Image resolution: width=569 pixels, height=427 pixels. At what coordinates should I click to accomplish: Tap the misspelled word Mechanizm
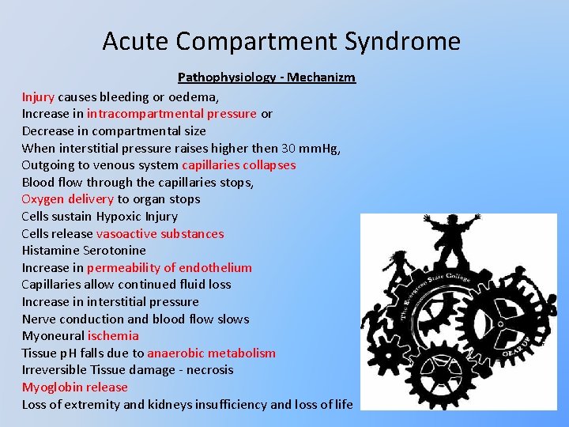click(322, 77)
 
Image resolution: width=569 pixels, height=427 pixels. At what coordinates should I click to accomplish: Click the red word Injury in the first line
click(38, 96)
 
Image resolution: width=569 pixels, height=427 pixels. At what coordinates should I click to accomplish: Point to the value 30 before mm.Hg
click(289, 148)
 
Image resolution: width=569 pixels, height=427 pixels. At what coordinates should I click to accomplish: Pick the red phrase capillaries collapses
click(239, 165)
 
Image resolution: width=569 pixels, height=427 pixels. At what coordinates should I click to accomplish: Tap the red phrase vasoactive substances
click(160, 234)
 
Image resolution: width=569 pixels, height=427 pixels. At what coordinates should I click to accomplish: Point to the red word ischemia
click(112, 336)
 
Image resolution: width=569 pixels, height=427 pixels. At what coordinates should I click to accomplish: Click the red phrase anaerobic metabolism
click(211, 353)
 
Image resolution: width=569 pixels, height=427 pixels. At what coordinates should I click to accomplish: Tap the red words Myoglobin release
click(74, 387)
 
